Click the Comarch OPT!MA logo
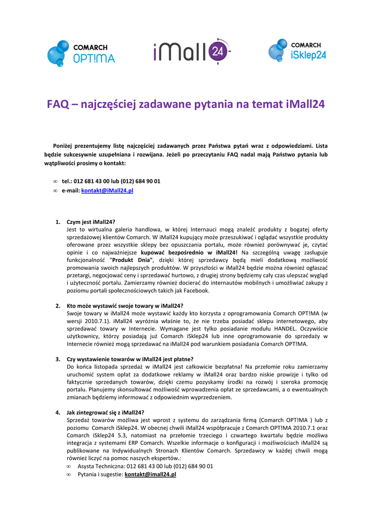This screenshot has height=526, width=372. click(81, 53)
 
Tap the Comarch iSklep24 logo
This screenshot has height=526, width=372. click(297, 51)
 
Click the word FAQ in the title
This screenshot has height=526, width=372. click(58, 104)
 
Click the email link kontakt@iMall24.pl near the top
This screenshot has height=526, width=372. click(108, 191)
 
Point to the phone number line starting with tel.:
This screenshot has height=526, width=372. click(111, 181)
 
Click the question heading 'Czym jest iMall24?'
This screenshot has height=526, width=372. click(91, 222)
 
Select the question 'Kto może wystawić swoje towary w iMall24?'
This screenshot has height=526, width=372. click(125, 306)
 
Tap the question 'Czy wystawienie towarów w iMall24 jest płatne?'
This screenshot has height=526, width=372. click(130, 359)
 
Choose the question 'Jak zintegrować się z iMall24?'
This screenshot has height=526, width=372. click(105, 412)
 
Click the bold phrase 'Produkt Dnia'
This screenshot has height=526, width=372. click(133, 260)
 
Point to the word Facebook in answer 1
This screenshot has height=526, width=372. click(195, 290)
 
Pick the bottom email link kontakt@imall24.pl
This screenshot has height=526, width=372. click(150, 475)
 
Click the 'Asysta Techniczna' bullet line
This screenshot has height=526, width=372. click(145, 466)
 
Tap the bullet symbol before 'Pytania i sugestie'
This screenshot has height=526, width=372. click(69, 475)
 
